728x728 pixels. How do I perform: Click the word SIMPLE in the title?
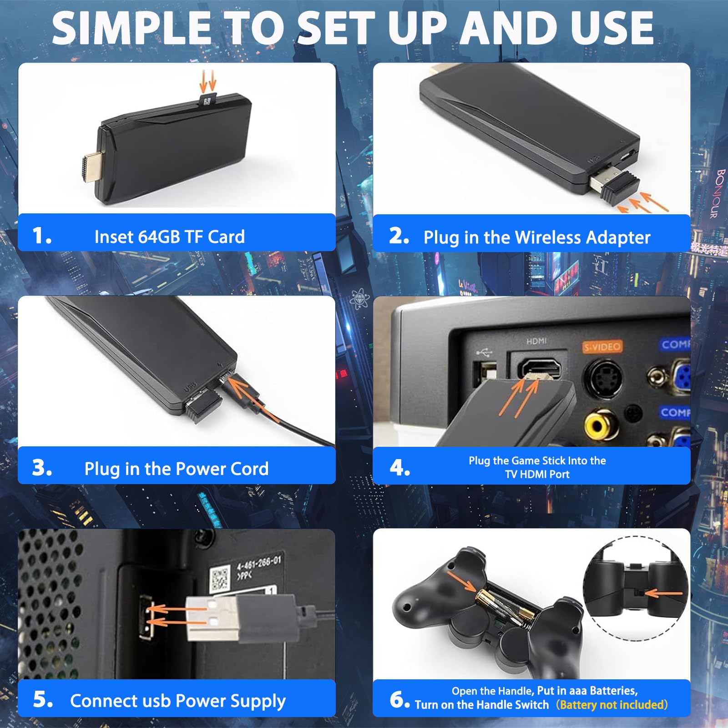pos(131,28)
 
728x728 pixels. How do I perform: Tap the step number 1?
pos(41,236)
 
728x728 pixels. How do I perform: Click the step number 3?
pos(42,468)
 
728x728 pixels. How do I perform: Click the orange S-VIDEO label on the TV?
pos(602,347)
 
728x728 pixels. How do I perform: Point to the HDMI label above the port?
pos(536,341)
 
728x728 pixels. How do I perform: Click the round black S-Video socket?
pos(603,378)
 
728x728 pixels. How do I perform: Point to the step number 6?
pos(399,699)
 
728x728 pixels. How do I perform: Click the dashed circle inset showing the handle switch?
pos(636,588)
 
